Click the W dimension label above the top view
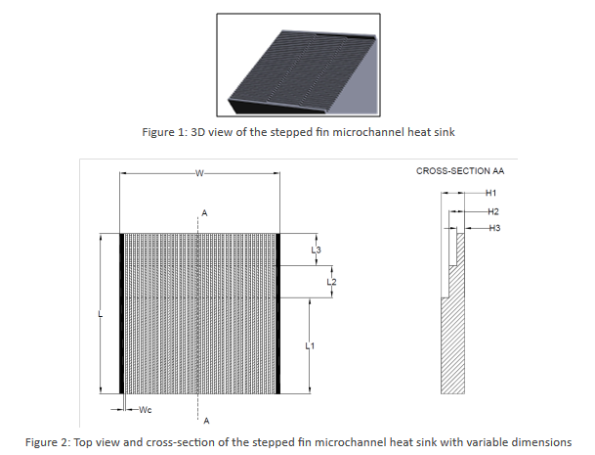(199, 174)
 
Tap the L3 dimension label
(317, 250)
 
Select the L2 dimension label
(331, 282)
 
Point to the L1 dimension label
(310, 346)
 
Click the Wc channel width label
(146, 409)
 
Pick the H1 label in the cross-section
(491, 193)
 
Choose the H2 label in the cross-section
(493, 211)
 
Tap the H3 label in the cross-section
(494, 228)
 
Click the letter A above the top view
(204, 213)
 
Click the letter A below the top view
(206, 421)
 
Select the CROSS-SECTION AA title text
(460, 171)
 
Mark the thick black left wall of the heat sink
(122, 313)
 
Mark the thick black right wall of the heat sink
(277, 313)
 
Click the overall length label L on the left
(101, 314)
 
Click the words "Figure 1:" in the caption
(165, 132)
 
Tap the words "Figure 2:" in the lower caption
(48, 442)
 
